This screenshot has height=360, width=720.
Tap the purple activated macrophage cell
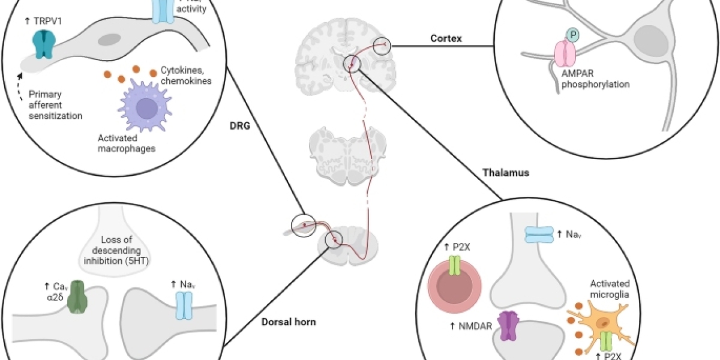pos(145,108)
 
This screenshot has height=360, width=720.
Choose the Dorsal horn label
pos(289,322)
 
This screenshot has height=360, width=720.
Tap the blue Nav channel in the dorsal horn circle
pos(183,305)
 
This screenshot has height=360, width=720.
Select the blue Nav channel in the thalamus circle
pos(538,235)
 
